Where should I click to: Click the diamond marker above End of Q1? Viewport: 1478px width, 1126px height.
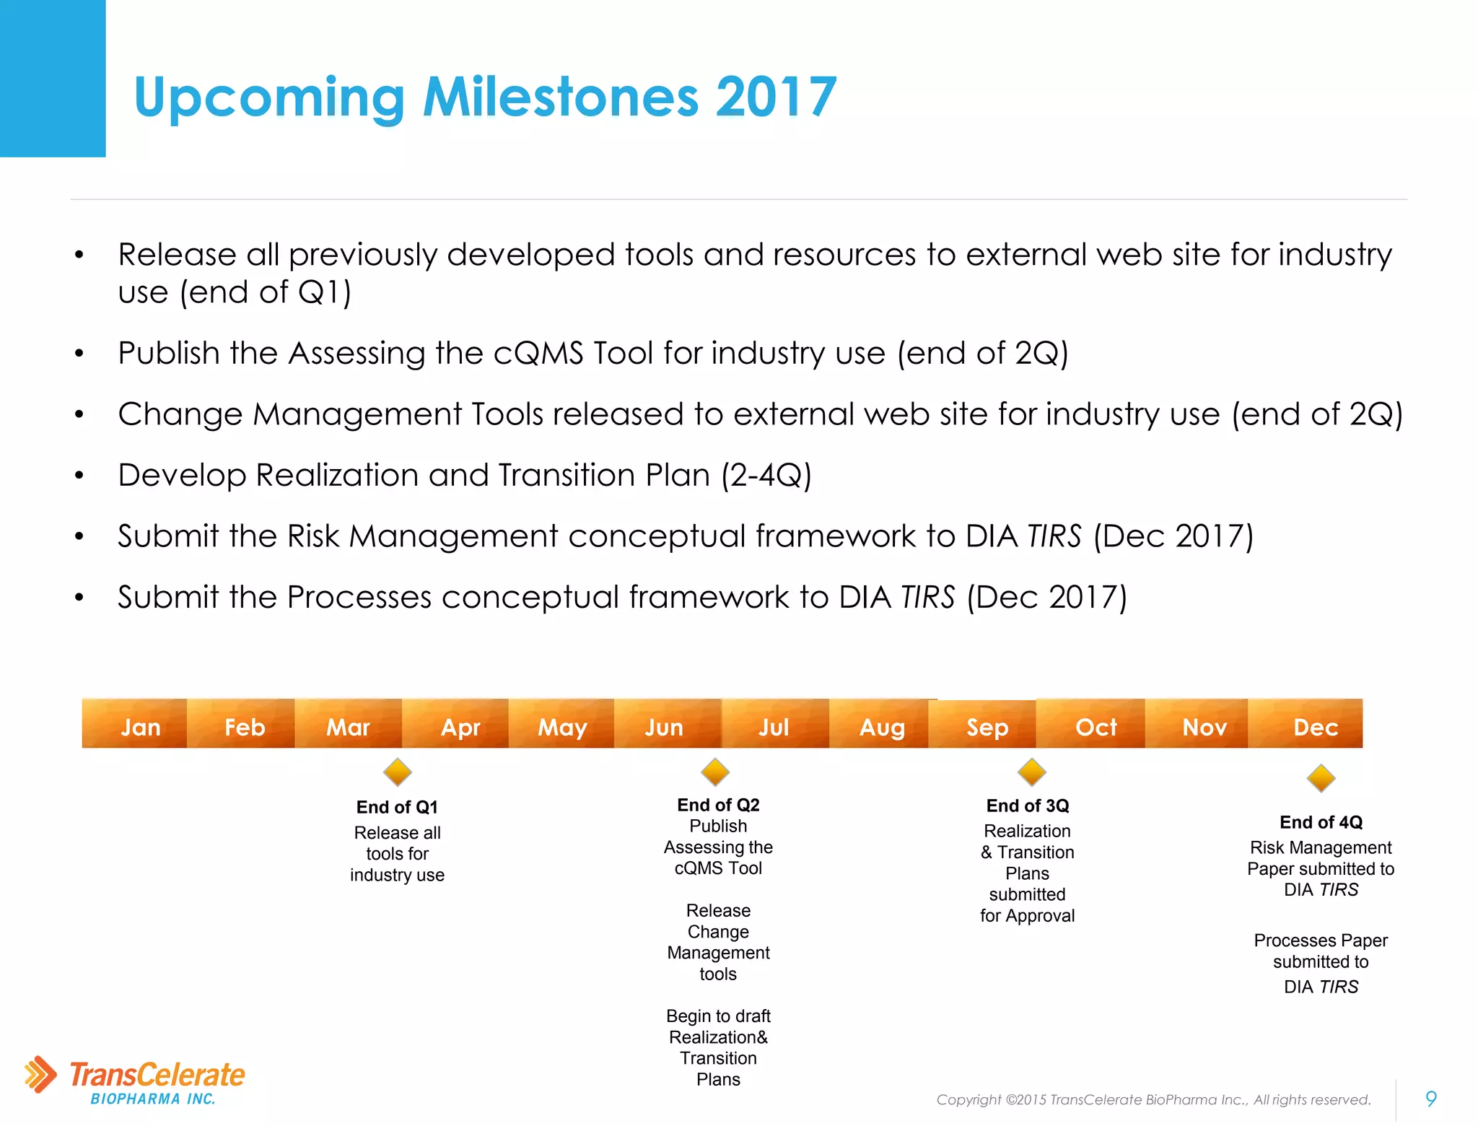397,772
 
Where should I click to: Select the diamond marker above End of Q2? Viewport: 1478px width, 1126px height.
715,772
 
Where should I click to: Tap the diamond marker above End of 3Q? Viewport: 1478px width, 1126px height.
1032,772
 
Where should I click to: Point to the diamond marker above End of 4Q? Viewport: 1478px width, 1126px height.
1321,778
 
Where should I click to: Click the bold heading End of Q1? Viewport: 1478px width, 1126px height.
397,807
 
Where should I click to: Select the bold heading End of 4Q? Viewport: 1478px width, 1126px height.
1321,822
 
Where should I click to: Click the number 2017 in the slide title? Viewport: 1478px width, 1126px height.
776,97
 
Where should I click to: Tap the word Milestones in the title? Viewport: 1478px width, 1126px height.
561,97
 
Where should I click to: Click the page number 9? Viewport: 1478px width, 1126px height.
1431,1099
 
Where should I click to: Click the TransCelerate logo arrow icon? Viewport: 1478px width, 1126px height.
40,1074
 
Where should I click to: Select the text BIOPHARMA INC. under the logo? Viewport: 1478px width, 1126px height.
153,1099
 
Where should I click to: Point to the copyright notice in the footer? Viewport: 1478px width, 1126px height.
1153,1099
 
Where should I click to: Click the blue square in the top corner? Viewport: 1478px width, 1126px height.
53,78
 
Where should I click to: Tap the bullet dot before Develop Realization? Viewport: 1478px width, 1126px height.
79,475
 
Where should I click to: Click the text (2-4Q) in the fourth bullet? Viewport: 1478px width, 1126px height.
766,475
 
